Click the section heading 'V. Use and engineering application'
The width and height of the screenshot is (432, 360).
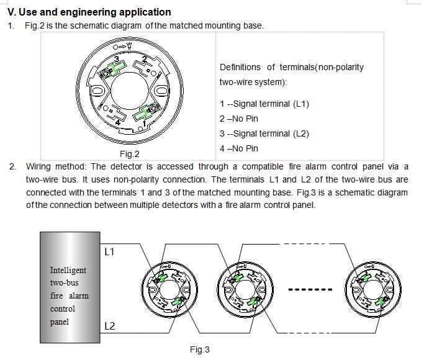pyautogui.click(x=89, y=12)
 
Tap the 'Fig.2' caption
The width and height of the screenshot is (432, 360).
pyautogui.click(x=130, y=154)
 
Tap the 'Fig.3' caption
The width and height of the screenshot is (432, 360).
pyautogui.click(x=200, y=349)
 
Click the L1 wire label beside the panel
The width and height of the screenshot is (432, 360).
pyautogui.click(x=109, y=251)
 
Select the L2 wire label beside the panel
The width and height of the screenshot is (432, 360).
pyautogui.click(x=110, y=326)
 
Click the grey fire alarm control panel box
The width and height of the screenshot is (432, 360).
pyautogui.click(x=70, y=287)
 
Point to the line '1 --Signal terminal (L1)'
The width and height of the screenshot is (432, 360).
pyautogui.click(x=264, y=104)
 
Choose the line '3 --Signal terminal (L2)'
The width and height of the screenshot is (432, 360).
pyautogui.click(x=264, y=133)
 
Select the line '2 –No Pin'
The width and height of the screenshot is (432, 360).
pyautogui.click(x=239, y=119)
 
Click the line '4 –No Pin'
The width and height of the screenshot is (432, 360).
pyautogui.click(x=239, y=148)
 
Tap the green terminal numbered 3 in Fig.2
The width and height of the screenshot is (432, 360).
pyautogui.click(x=113, y=69)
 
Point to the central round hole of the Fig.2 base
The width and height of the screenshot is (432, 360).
pyautogui.click(x=130, y=91)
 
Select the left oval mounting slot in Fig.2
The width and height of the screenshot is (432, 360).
pyautogui.click(x=97, y=91)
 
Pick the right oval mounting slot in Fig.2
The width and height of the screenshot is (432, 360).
pyautogui.click(x=161, y=91)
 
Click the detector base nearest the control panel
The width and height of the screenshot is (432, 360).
pyautogui.click(x=169, y=289)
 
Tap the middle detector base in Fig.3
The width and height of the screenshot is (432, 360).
pyautogui.click(x=245, y=289)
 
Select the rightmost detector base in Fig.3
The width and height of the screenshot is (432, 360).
pyautogui.click(x=373, y=289)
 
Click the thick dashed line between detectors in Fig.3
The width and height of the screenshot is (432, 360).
pyautogui.click(x=310, y=289)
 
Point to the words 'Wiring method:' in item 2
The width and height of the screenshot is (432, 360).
pyautogui.click(x=56, y=166)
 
